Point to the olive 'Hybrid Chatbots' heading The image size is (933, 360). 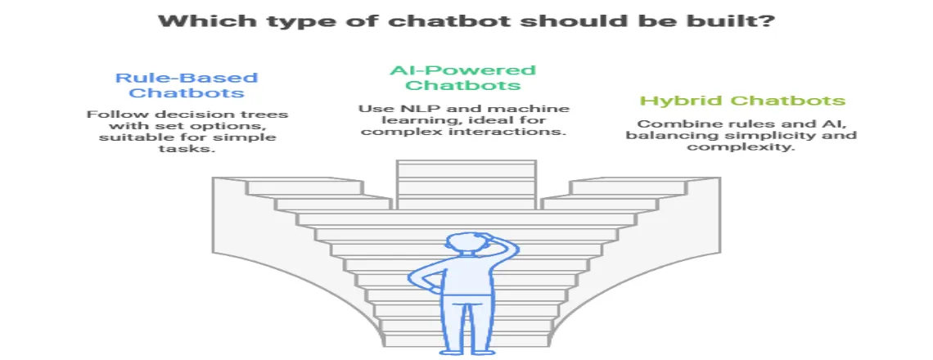tap(742, 101)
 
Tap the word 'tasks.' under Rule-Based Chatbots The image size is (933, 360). tap(187, 149)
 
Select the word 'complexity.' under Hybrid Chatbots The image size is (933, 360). tap(741, 146)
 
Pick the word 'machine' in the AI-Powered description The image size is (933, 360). tap(531, 109)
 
